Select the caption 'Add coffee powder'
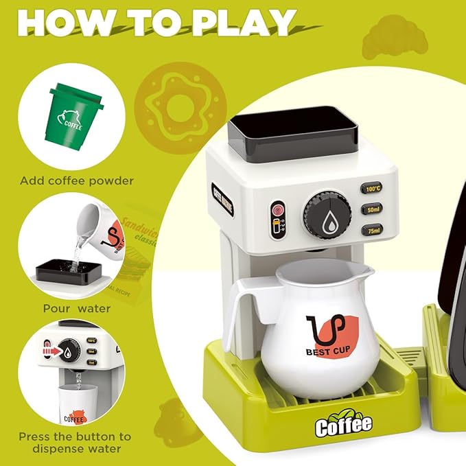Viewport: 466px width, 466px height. coord(77,181)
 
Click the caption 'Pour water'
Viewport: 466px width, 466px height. coord(75,309)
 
